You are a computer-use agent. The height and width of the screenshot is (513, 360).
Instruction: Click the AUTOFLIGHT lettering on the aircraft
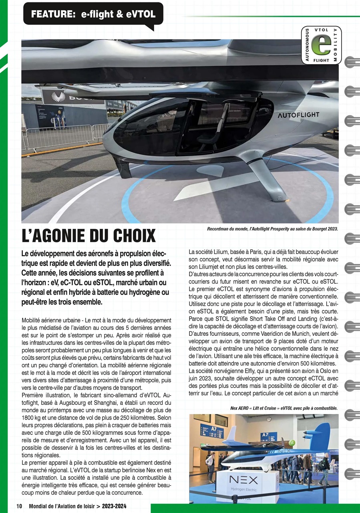(x=298, y=115)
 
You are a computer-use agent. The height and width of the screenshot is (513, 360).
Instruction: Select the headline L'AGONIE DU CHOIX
(x=88, y=236)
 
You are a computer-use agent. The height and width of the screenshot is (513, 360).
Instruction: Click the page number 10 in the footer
(x=19, y=506)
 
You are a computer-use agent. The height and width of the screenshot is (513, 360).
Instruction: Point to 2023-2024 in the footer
(x=115, y=506)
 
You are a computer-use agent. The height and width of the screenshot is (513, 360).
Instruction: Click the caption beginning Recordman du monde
(x=272, y=229)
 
